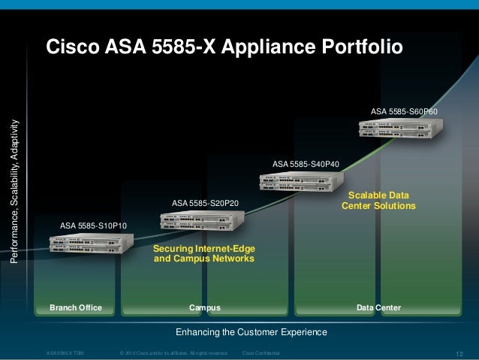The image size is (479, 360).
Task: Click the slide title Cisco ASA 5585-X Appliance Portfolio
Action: pos(224,47)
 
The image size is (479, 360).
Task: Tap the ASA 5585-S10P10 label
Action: pos(93,225)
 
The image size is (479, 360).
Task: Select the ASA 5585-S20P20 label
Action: pos(205,203)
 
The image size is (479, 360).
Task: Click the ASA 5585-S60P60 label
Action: pos(404,111)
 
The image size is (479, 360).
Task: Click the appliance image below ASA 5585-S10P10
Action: pos(92,244)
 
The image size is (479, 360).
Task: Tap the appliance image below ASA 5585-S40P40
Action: pos(301,181)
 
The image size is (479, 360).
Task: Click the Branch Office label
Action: pos(75,307)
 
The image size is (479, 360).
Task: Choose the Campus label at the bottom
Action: pos(204,307)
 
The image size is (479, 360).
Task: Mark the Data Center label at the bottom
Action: pos(378,307)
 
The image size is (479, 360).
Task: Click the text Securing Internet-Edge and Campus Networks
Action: pos(203,253)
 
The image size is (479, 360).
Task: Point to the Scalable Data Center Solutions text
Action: pos(378,200)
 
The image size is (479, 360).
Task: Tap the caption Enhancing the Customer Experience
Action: pos(251,331)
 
